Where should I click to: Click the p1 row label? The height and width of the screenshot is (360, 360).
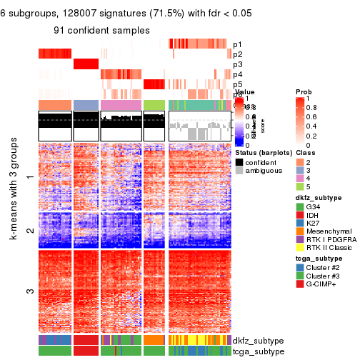[237, 44]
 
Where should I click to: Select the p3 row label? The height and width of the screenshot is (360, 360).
[237, 64]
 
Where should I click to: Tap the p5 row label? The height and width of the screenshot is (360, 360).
[237, 84]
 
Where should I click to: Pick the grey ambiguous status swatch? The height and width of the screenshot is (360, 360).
[239, 171]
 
